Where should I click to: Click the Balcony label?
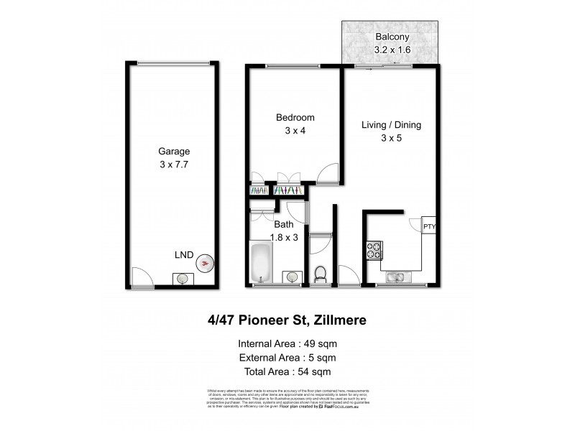391,37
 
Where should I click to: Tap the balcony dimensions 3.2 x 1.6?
391,50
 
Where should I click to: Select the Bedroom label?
295,118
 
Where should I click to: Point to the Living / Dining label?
391,125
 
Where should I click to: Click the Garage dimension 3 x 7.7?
174,164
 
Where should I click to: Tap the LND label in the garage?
184,254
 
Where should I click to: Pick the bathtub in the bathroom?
260,264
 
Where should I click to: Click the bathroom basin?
292,277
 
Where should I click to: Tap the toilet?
321,274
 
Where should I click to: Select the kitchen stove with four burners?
375,251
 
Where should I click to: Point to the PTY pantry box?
429,227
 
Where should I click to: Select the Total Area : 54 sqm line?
287,371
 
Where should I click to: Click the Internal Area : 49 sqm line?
287,343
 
